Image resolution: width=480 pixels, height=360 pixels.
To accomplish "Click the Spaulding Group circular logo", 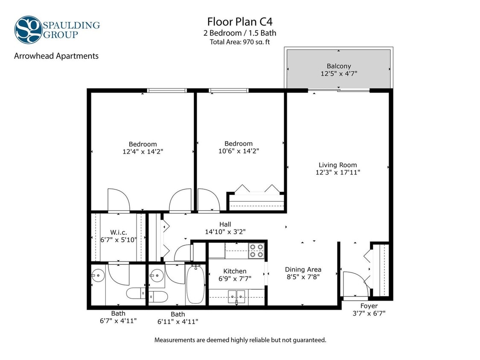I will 28,29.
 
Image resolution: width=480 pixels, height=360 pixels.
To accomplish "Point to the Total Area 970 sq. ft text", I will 239,42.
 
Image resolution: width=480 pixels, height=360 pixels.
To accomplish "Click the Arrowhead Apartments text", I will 56,56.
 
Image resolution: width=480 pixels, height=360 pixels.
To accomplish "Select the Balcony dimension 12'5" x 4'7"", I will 339,73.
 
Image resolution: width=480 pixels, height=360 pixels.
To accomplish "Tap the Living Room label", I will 337,165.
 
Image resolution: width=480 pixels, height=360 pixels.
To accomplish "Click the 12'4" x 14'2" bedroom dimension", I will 143,151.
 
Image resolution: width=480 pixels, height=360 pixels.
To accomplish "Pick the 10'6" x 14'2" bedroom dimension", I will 239,151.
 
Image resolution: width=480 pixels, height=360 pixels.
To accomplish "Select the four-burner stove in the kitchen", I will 257,250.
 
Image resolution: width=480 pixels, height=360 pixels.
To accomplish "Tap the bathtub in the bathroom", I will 195,284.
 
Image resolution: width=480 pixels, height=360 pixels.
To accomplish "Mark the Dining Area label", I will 303,270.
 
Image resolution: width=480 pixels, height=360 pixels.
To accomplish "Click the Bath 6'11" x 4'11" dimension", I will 178,321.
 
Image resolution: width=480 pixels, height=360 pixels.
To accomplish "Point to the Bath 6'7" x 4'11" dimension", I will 118,320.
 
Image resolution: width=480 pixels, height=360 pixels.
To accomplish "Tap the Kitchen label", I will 235,271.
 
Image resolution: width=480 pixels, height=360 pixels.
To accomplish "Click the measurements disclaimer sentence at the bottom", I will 240,340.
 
